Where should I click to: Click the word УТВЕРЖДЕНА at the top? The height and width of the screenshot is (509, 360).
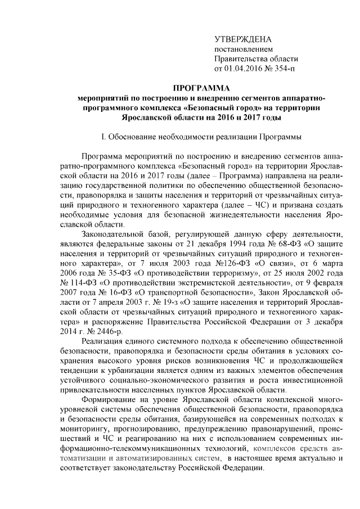tap(243, 39)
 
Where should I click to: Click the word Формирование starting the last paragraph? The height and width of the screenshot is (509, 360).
tap(110, 399)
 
